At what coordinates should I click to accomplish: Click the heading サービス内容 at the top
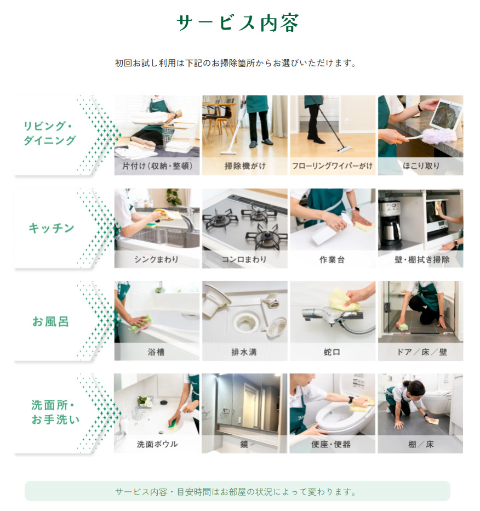[x=237, y=23]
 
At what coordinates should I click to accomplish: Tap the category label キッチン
[x=52, y=228]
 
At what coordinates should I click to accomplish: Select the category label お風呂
[x=50, y=321]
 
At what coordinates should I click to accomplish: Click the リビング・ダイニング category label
[x=49, y=133]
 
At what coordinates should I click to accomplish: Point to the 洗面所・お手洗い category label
[x=55, y=412]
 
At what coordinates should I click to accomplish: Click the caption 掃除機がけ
[x=245, y=166]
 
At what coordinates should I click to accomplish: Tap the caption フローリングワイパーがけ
[x=332, y=166]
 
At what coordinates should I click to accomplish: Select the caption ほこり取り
[x=421, y=166]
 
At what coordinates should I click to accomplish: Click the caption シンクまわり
[x=156, y=259]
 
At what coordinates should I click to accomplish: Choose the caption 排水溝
[x=244, y=352]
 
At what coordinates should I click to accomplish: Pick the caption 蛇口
[x=332, y=352]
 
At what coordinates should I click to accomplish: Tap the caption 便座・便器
[x=331, y=444]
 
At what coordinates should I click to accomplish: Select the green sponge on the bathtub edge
[x=141, y=322]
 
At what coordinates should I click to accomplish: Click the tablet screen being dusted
[x=447, y=114]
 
